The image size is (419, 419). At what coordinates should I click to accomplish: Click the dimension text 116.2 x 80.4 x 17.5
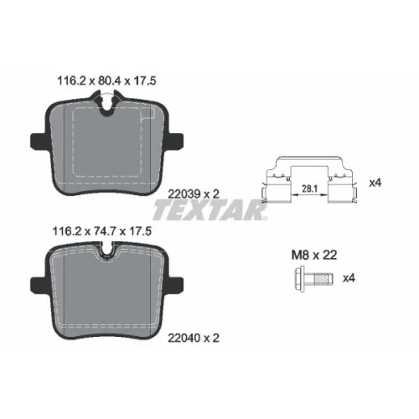(106, 81)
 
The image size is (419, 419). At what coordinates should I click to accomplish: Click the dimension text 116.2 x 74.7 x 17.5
(102, 231)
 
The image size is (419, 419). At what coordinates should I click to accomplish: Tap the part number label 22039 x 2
(194, 194)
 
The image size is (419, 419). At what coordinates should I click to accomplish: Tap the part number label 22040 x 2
(194, 338)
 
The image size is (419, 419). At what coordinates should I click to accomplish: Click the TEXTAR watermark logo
(209, 209)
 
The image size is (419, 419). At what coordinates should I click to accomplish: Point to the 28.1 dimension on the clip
(310, 189)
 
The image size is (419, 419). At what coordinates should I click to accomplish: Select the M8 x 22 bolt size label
(314, 255)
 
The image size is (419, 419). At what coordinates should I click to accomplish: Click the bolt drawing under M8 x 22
(313, 279)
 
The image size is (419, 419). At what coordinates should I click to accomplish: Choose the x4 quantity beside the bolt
(349, 278)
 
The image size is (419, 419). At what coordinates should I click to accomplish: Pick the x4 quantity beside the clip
(375, 184)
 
